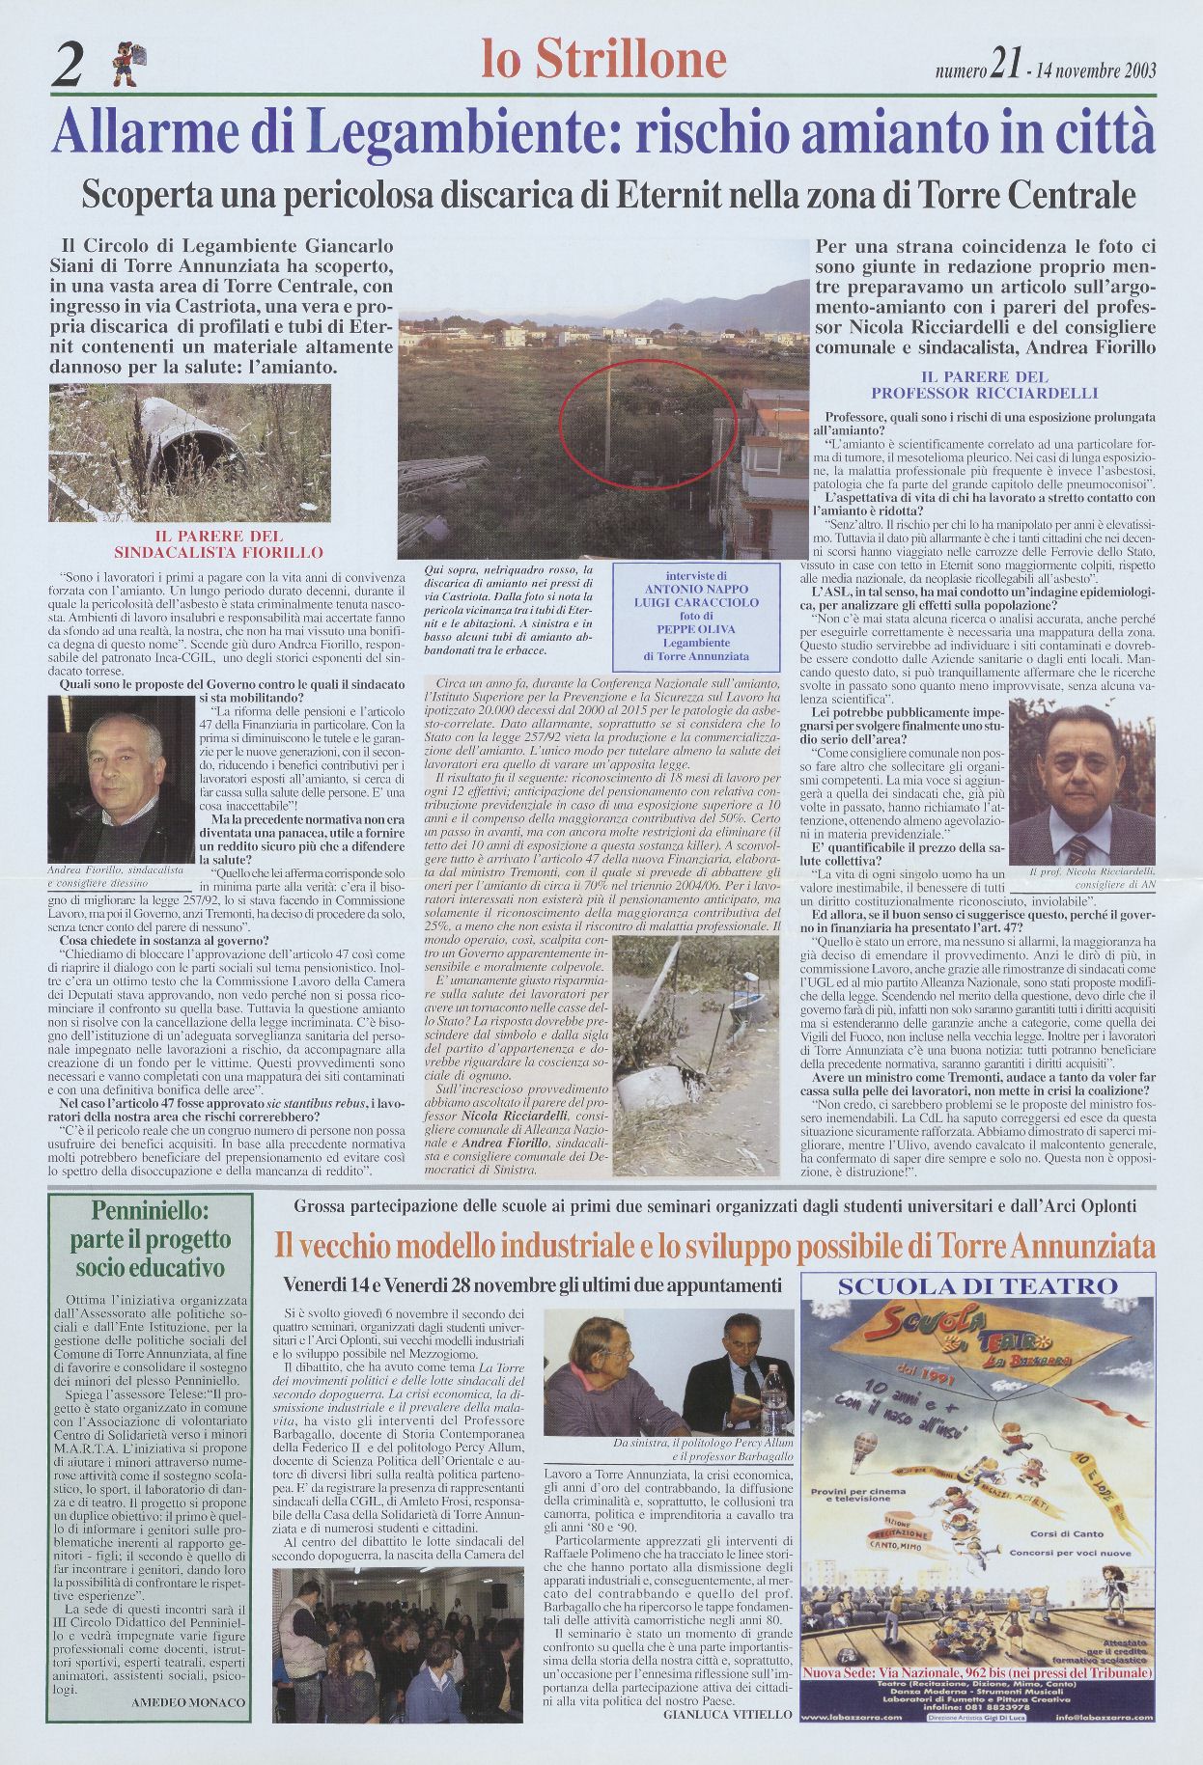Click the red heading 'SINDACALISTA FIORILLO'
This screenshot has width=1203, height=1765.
click(219, 553)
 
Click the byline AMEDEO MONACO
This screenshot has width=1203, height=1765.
click(187, 1729)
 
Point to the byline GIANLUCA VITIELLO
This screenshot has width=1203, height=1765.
click(727, 1742)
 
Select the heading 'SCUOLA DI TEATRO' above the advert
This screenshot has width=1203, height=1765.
click(977, 1285)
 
